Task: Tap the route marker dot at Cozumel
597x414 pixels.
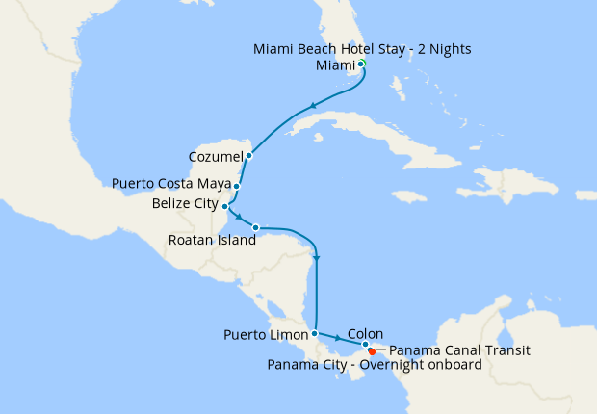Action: click(x=248, y=155)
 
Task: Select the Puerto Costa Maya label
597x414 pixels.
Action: click(x=169, y=182)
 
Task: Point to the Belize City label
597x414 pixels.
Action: click(x=185, y=204)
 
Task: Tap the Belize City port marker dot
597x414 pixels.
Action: click(x=224, y=206)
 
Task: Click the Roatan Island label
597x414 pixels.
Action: click(x=212, y=241)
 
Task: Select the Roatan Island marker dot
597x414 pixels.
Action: click(x=255, y=227)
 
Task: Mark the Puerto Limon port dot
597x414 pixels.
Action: click(x=315, y=333)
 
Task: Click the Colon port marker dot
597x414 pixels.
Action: click(x=365, y=344)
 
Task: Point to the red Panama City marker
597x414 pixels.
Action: click(x=372, y=351)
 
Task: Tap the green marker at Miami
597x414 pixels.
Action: click(x=362, y=64)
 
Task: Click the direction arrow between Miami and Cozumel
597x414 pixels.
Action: click(x=312, y=107)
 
